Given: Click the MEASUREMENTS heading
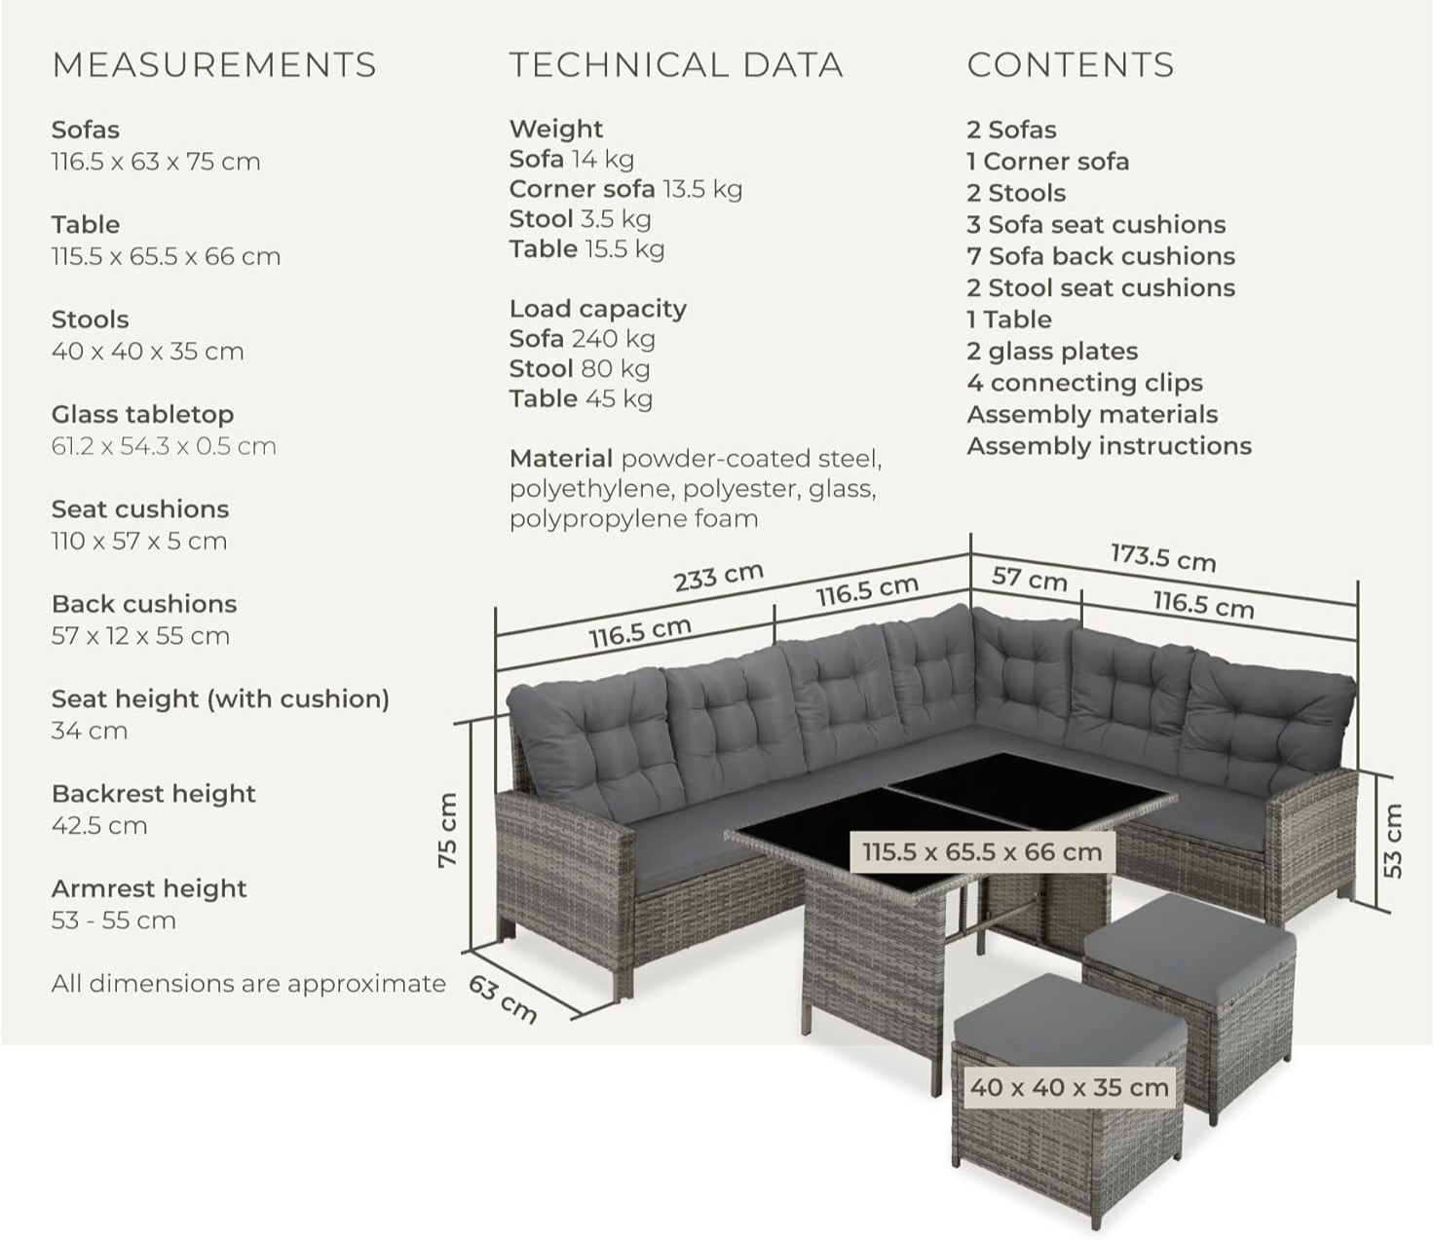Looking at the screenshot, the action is (213, 65).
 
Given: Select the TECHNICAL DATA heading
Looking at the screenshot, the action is (676, 65).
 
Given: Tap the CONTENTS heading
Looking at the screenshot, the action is (1070, 65).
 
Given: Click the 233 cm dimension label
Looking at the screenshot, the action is (719, 577).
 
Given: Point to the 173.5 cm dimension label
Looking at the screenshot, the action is (1163, 558).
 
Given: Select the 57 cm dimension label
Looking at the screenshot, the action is (1029, 578).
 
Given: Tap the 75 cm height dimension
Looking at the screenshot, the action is (448, 830).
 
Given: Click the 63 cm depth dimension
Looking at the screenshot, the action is (503, 999).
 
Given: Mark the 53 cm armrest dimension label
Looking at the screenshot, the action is (1393, 841).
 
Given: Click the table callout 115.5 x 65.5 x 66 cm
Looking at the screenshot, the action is (982, 852).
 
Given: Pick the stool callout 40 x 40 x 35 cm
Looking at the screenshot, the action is (1069, 1086).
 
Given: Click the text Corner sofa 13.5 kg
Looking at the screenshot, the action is (625, 189).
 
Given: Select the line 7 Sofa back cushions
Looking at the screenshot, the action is (1101, 256).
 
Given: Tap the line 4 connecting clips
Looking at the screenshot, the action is (1084, 383).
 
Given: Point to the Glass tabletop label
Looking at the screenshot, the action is (142, 415).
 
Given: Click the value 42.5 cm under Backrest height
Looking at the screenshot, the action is (99, 825).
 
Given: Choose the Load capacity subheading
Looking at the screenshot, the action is (598, 309).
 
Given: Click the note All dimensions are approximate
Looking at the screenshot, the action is (248, 984).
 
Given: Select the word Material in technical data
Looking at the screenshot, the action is (561, 459).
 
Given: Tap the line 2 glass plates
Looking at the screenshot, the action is (1052, 352).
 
